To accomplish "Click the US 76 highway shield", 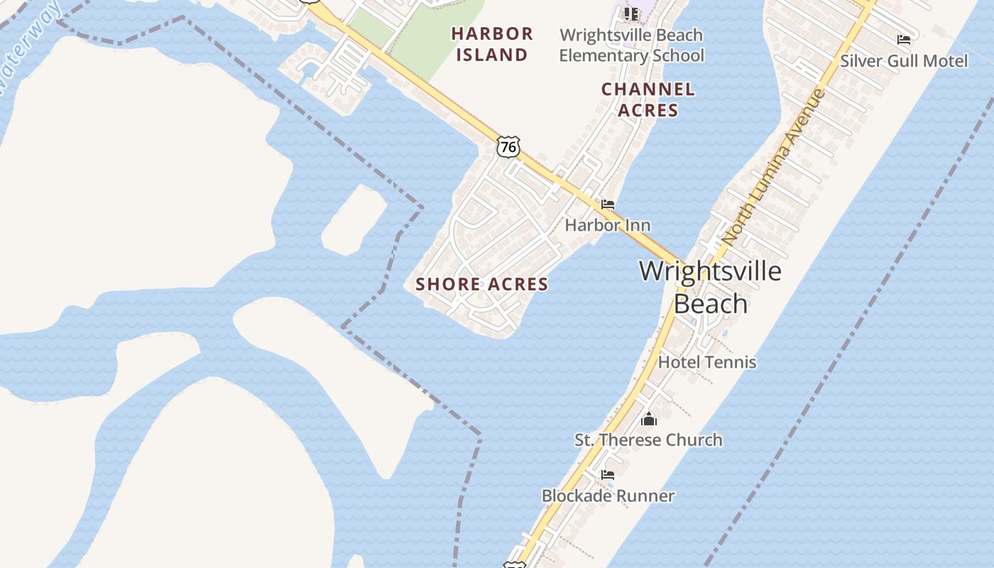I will click(x=508, y=147).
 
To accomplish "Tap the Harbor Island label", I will click(x=492, y=44).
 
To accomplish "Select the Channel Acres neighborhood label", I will click(x=648, y=99).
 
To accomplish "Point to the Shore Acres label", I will click(x=482, y=284).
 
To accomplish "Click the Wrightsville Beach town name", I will click(x=710, y=287).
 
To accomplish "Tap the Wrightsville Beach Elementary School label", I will click(x=631, y=45).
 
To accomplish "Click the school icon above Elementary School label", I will click(x=631, y=13).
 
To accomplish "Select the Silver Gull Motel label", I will click(x=904, y=61).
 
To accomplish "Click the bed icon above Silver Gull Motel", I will click(x=904, y=40).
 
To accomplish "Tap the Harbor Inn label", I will click(x=608, y=225).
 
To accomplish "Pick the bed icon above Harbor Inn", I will click(x=608, y=204).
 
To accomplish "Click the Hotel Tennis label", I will click(x=707, y=362).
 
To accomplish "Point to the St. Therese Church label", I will click(x=648, y=440).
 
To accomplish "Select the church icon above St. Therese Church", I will click(x=649, y=419).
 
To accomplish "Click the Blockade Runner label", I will click(x=608, y=496).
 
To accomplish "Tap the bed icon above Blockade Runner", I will click(x=608, y=474).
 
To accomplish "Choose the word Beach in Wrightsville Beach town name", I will click(x=710, y=303).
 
